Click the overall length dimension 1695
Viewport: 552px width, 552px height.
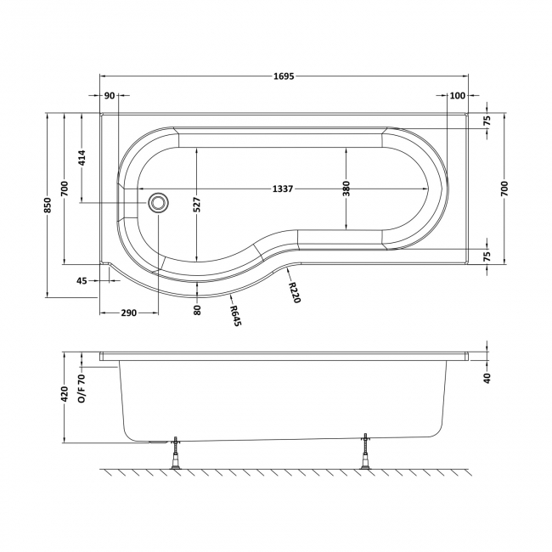pos(284,76)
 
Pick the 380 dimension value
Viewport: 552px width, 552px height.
pos(346,189)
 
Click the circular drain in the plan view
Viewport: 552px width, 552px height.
pos(158,203)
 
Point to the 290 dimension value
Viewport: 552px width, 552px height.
pos(127,313)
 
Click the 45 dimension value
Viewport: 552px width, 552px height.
pos(81,280)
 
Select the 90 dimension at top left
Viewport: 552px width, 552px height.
pos(110,95)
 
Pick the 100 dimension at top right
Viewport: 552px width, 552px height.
pos(458,95)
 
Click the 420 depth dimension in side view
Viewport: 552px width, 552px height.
pos(65,396)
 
